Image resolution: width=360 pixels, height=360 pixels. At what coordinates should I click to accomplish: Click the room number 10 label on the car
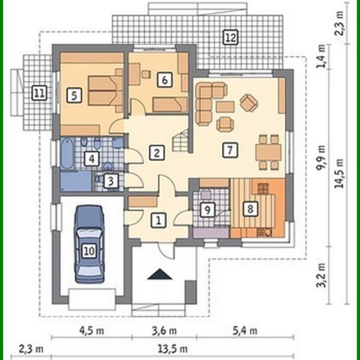pos(89,250)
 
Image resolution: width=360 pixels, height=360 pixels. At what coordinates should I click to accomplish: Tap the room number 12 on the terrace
pos(229,38)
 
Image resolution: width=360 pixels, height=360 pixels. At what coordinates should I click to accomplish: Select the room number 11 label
pos(40,93)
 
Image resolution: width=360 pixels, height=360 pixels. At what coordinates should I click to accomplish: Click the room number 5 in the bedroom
pos(74,94)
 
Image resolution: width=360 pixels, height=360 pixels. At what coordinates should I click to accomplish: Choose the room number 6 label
pos(163,78)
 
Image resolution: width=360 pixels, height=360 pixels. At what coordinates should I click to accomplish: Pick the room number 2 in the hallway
pos(157,152)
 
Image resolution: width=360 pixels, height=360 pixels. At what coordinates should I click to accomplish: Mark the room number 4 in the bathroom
pos(91,159)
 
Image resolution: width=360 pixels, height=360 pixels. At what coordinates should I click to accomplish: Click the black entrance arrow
pos(160,275)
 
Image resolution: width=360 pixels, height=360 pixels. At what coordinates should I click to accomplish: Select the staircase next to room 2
pos(179,142)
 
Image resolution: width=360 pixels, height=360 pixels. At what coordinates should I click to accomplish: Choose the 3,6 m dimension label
pos(163,331)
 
